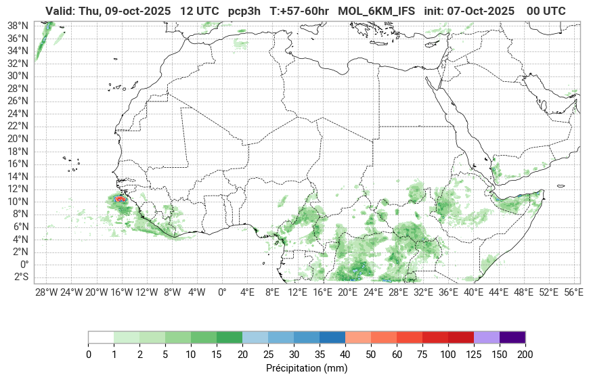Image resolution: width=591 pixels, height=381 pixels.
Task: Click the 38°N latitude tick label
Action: (x=18, y=25)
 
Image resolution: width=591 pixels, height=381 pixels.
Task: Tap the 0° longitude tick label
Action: (x=222, y=292)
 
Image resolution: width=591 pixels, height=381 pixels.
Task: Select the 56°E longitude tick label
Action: (x=573, y=292)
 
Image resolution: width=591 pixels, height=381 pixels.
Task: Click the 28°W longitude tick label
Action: (x=46, y=292)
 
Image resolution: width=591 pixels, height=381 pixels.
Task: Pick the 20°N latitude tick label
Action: (x=18, y=139)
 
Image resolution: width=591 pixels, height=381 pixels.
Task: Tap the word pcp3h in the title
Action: (x=243, y=11)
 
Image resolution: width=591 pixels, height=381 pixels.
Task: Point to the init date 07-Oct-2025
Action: (x=481, y=11)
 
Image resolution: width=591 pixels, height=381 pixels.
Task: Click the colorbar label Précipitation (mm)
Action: (x=307, y=369)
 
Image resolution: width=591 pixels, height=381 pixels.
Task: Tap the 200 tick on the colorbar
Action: (x=525, y=354)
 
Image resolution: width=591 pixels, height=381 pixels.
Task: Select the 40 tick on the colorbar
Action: (x=345, y=354)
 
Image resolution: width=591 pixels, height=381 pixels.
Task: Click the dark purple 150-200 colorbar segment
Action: (x=512, y=337)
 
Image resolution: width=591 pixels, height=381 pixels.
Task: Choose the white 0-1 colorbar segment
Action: (x=101, y=337)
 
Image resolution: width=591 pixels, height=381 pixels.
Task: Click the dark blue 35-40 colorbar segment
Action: (x=332, y=337)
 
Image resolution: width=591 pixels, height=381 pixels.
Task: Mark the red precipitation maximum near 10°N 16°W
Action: (x=121, y=199)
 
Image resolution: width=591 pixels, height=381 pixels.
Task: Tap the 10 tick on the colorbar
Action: (x=191, y=354)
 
